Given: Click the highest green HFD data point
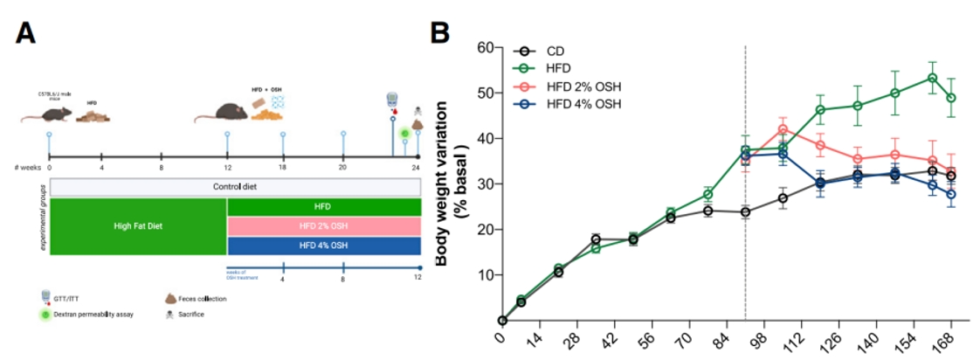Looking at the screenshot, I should click(932, 78).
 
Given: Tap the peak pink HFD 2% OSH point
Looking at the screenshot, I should click(783, 129).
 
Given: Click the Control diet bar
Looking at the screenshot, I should click(236, 187).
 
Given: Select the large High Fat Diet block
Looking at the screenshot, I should click(138, 226).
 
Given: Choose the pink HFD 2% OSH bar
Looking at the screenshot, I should click(324, 226).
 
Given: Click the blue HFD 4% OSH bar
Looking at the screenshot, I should click(324, 246).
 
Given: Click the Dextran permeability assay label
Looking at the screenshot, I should click(101, 314).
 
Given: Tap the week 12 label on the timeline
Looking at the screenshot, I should click(227, 166).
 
